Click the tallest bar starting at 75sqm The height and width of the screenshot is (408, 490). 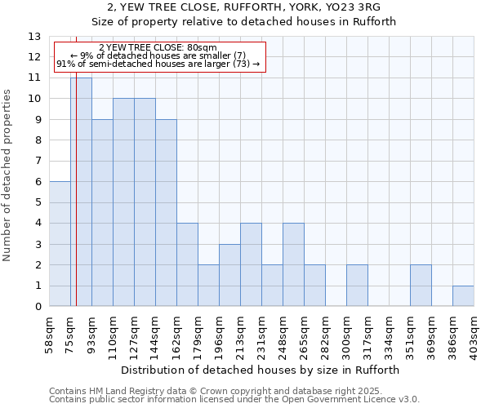81,192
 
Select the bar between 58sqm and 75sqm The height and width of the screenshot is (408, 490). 60,244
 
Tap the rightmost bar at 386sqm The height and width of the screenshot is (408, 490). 463,296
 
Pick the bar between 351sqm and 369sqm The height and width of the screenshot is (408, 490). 421,286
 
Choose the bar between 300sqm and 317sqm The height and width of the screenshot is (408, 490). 357,286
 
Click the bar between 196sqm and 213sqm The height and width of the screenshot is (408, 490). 229,275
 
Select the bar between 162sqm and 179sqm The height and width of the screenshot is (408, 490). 187,265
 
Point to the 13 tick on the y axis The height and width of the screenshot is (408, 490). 34,37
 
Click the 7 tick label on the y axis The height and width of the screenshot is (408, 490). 37,162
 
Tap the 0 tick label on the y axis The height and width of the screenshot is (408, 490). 37,307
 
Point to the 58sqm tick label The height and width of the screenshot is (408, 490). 49,335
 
